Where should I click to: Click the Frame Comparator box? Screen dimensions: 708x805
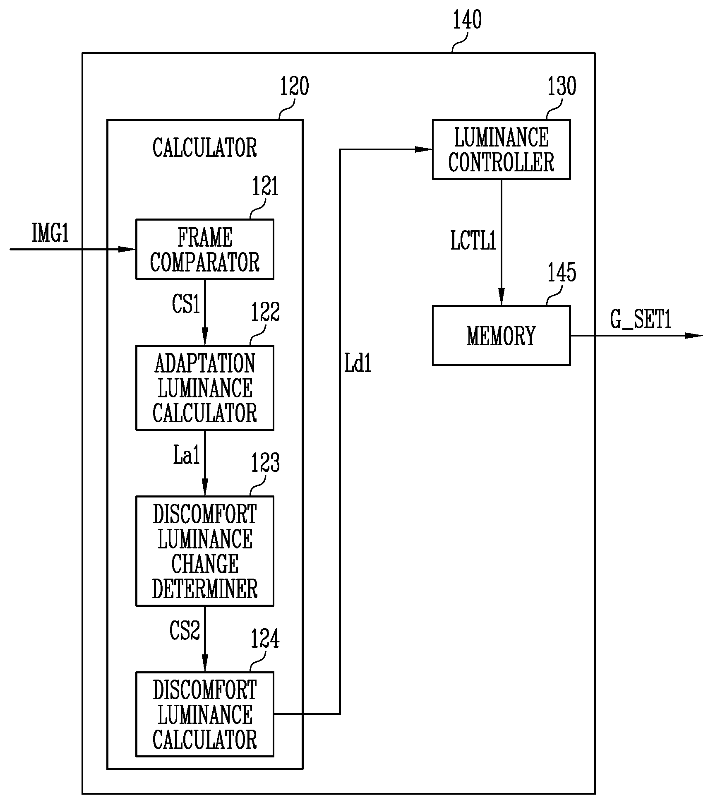[205, 249]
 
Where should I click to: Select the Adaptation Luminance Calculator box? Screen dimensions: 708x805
[205, 388]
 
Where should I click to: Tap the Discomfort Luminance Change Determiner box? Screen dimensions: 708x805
[205, 551]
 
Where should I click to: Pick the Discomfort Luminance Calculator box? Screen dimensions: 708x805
[205, 714]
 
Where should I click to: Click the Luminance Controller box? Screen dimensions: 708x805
[501, 149]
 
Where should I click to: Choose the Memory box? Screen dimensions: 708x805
[501, 336]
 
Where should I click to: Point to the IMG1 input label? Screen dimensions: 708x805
[50, 233]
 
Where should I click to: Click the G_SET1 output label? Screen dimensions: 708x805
[641, 320]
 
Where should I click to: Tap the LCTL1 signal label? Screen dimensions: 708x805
[473, 240]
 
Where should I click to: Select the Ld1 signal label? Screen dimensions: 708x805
[358, 364]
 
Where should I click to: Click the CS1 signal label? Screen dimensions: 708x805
[186, 304]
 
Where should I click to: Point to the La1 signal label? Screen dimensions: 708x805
[187, 455]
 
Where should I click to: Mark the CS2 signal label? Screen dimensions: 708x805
[185, 631]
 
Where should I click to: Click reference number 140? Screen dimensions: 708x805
[468, 20]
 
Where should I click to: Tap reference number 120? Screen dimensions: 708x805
[295, 87]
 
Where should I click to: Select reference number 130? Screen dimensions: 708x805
[562, 87]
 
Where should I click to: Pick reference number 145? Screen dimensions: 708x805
[562, 273]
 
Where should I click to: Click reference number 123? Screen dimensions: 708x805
[265, 463]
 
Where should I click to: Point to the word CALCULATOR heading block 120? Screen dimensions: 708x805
[205, 148]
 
